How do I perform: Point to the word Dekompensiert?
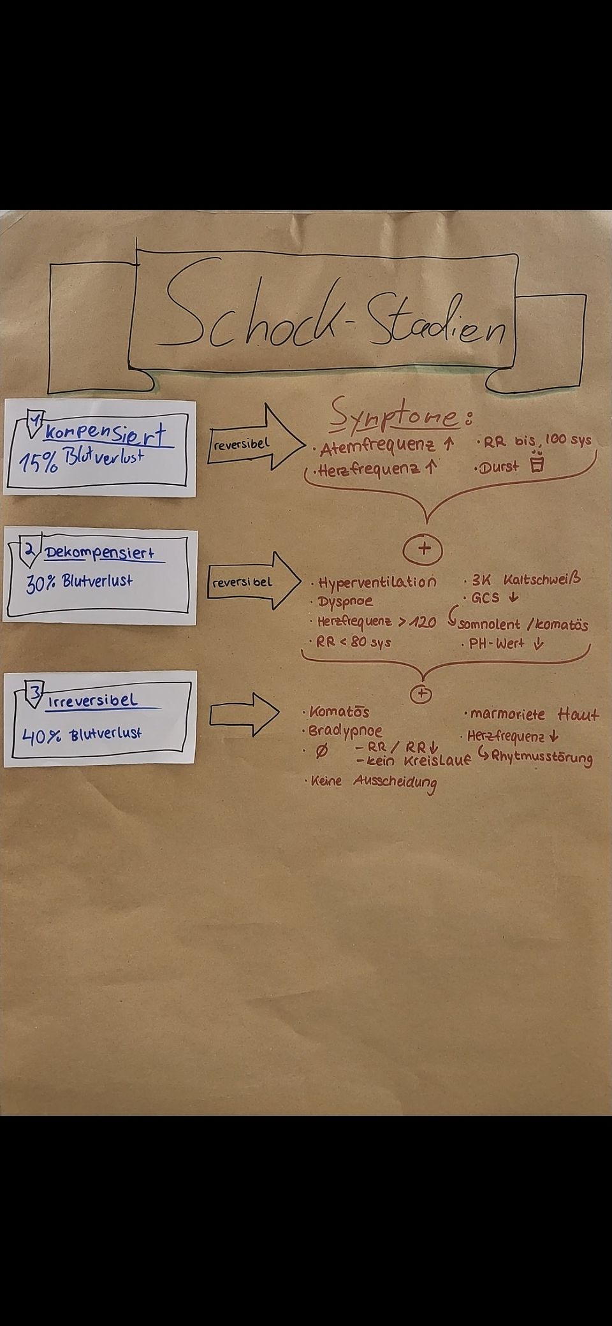pyautogui.click(x=99, y=553)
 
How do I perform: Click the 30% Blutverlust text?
pyautogui.click(x=79, y=583)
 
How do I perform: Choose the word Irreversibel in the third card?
pyautogui.click(x=92, y=701)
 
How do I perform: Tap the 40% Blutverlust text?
pyautogui.click(x=82, y=734)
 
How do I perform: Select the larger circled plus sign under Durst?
pyautogui.click(x=424, y=550)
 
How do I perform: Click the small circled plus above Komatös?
pyautogui.click(x=420, y=694)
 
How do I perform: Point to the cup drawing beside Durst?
pyautogui.click(x=537, y=463)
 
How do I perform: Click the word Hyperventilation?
pyautogui.click(x=377, y=583)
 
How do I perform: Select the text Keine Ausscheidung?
pyautogui.click(x=374, y=783)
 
